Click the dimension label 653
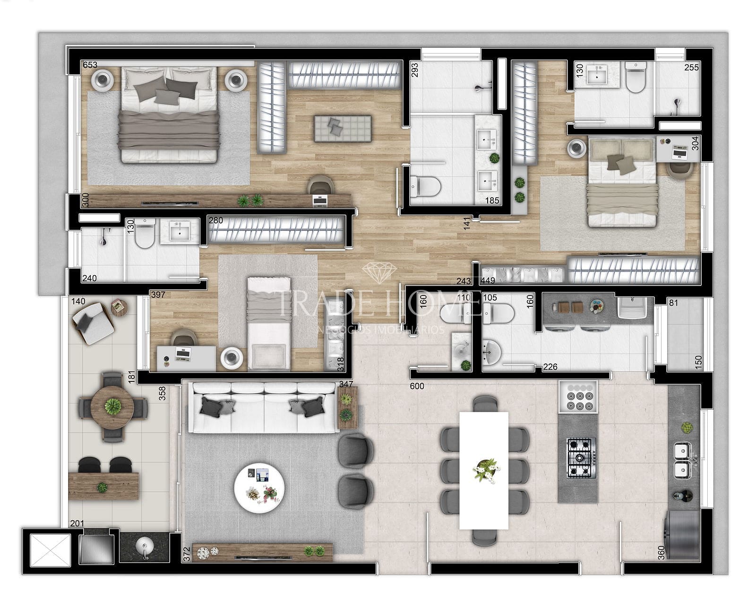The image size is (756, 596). coord(90,65)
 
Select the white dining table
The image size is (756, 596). coord(484,470)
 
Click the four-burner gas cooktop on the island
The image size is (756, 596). coord(579,458)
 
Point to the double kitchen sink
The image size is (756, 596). coord(682,460)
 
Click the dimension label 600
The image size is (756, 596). coord(417,386)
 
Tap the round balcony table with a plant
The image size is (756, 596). coord(112,406)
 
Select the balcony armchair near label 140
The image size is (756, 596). coord(93,323)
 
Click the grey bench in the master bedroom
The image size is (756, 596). coord(343,128)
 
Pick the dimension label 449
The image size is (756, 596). coord(488,281)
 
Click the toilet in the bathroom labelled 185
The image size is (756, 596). coord(425,186)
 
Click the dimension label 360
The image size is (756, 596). coord(661,552)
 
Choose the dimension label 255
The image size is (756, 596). coord(691,68)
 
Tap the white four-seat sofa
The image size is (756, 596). coord(263,407)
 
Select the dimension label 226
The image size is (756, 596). coord(550,367)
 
